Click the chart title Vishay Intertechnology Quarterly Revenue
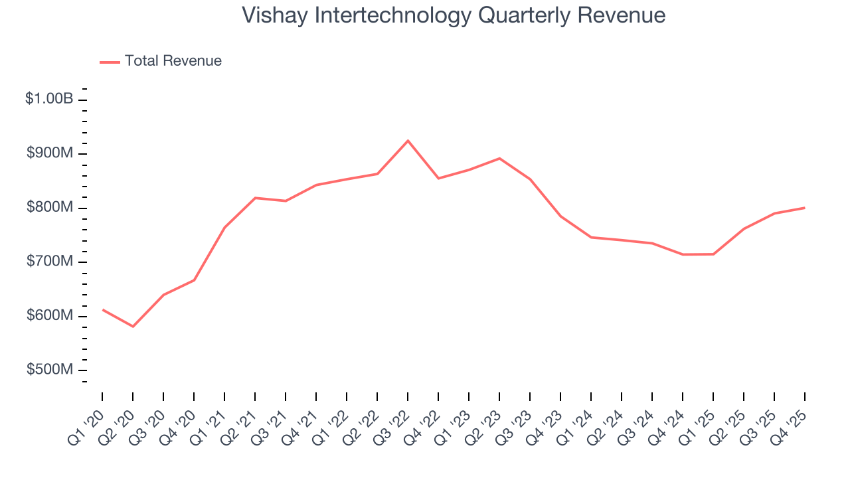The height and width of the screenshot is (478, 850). [454, 15]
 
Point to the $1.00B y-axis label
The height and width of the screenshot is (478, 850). [49, 99]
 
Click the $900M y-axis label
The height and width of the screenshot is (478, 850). [50, 153]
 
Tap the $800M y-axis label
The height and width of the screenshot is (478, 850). [50, 207]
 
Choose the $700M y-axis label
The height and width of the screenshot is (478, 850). [50, 262]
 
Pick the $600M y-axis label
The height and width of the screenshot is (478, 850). [50, 315]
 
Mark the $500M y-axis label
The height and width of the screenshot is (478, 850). [50, 370]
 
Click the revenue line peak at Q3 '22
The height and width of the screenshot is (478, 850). [408, 141]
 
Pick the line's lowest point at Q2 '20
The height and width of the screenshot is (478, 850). [133, 327]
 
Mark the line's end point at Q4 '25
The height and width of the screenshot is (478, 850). [805, 208]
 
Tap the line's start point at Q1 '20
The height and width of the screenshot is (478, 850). [102, 309]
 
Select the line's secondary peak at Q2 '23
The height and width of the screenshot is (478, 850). [499, 158]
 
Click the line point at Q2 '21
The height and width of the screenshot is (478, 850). [255, 198]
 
